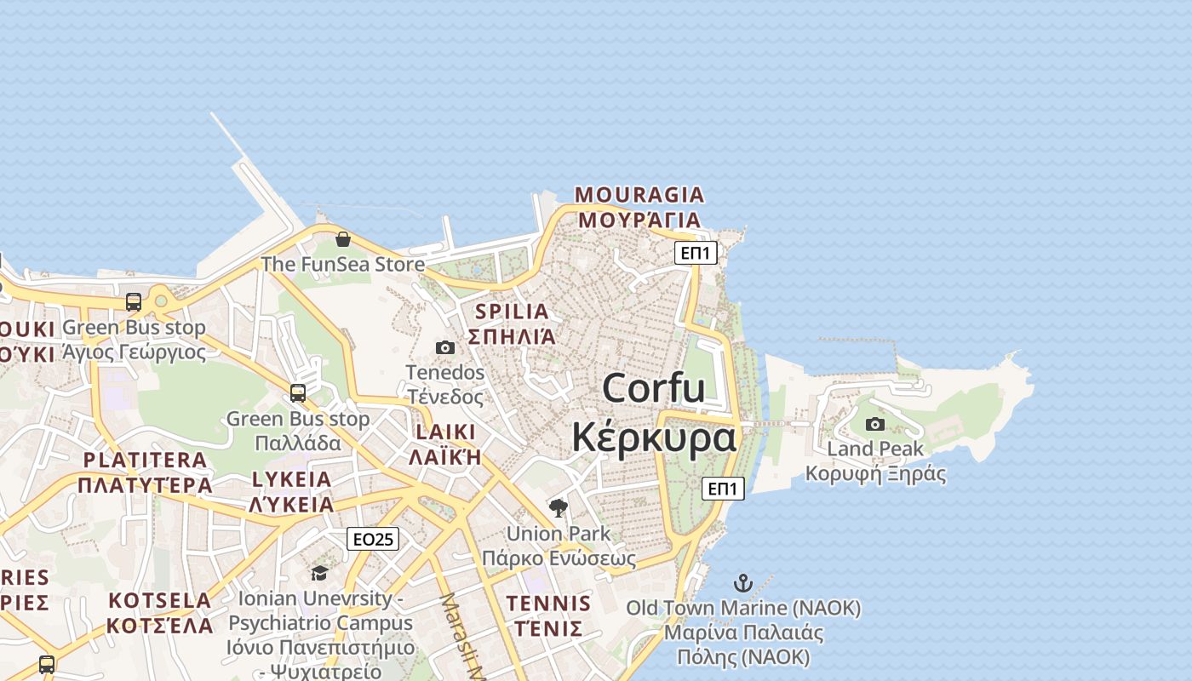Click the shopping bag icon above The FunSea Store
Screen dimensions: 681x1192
[x=343, y=239]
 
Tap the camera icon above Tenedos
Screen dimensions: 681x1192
[x=444, y=347]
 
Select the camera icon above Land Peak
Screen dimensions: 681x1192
[x=874, y=424]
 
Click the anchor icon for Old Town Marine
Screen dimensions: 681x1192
[x=743, y=583]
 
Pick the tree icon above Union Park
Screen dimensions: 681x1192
[x=559, y=508]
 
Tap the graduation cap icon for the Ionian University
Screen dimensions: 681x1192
[x=319, y=573]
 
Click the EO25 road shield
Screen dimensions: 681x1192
[x=373, y=539]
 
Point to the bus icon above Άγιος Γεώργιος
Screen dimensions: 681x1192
[x=134, y=301]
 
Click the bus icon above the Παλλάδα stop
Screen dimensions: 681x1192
[x=298, y=392]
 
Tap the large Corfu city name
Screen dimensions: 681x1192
[x=653, y=389]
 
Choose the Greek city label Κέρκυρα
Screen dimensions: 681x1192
[x=653, y=438]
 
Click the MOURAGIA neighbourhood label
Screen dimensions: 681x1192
[x=639, y=195]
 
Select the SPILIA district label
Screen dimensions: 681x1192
[x=512, y=312]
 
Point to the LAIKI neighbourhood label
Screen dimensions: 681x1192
[x=445, y=432]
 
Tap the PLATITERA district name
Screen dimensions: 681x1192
[x=145, y=461]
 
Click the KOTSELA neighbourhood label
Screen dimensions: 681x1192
[x=159, y=600]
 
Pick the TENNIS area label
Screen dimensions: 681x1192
[x=548, y=604]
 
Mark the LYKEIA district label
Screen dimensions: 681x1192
[x=291, y=479]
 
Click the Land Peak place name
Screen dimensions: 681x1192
[x=874, y=449]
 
